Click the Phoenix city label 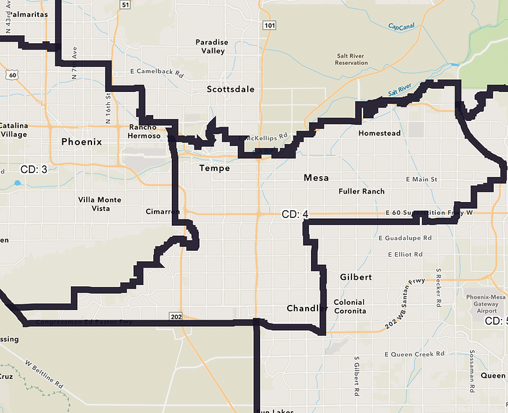pos(81,142)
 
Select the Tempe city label pos(214,169)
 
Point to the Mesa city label pos(317,178)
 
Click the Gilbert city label pos(356,277)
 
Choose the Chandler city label pos(307,308)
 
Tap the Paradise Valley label pos(211,46)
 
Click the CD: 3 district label pos(34,169)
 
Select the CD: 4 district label pos(296,214)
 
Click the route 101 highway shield pos(269,25)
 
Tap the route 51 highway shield pos(125,5)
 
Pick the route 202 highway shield pos(175,316)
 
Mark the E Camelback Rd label pos(156,71)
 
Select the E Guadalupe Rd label pos(405,238)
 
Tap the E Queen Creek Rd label pos(414,354)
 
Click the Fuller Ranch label pos(361,191)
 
